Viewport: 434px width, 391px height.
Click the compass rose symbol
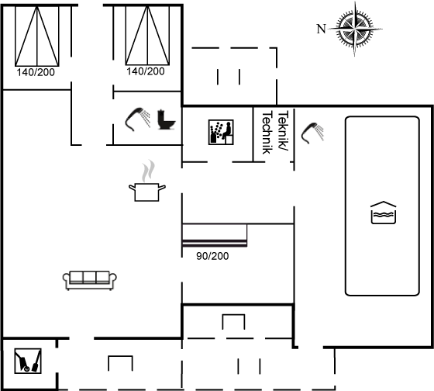pos(355,29)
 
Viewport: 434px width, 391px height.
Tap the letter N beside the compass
pos(321,29)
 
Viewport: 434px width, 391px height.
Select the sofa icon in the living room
pos(90,280)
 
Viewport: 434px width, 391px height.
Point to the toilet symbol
pos(167,119)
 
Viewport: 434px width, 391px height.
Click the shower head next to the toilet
pos(138,119)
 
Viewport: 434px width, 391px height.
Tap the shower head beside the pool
pos(312,133)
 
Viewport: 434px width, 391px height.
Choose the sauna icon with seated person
pos(221,132)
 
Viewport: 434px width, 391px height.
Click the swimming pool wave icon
pos(384,213)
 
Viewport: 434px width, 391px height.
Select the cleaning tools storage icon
pos(28,361)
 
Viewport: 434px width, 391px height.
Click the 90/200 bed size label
pos(212,256)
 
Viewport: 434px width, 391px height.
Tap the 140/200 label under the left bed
pos(36,72)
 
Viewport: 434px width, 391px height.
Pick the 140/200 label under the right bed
pos(146,71)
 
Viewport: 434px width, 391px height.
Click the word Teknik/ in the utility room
pos(283,131)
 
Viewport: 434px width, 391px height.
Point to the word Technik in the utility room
pos(267,133)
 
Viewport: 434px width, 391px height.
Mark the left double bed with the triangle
pos(37,36)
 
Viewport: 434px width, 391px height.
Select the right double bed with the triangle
pos(147,36)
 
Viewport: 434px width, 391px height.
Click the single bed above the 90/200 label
pos(215,235)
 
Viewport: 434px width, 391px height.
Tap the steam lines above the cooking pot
pos(148,171)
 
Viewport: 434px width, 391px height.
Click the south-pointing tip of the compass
pos(355,56)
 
